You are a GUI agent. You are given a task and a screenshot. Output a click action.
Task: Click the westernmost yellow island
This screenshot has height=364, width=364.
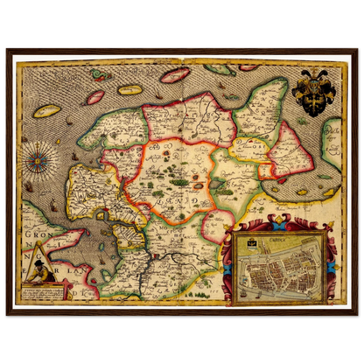coord(45,112)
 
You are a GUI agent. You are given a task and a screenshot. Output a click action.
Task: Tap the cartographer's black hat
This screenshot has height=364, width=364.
coord(41,257)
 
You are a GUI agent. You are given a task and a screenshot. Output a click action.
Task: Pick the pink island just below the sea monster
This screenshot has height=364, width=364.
coord(94,96)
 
